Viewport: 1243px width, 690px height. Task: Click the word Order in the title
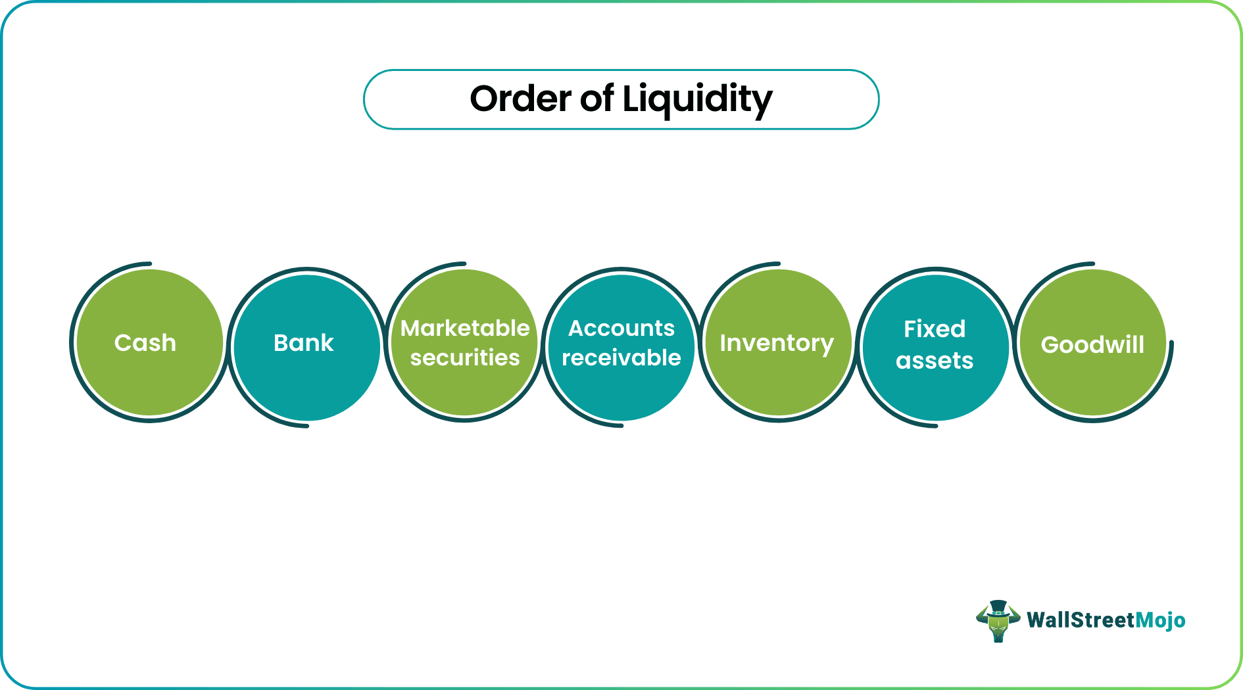click(x=520, y=99)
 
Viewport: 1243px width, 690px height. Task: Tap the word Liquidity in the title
click(x=697, y=101)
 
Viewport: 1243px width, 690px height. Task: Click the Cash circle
click(x=150, y=343)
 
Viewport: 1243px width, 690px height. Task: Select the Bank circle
click(x=306, y=348)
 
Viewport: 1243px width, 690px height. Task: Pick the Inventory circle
click(x=778, y=343)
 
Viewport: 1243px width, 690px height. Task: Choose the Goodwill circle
click(x=1092, y=343)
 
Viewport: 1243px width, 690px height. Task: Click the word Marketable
click(x=465, y=328)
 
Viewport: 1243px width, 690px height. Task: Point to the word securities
click(x=465, y=357)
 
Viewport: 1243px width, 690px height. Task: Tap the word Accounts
click(x=621, y=328)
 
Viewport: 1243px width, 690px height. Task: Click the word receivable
click(x=621, y=357)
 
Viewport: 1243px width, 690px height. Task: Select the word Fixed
click(x=935, y=329)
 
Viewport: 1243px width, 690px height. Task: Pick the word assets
click(x=935, y=360)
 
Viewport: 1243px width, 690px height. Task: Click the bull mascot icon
click(x=998, y=621)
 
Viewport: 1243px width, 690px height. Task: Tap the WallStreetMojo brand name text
click(x=1106, y=620)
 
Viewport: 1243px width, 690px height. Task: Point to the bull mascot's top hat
click(x=998, y=608)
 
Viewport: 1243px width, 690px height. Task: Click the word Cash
click(x=145, y=342)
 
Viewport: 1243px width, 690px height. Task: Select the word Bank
click(x=303, y=342)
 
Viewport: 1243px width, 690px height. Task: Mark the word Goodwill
click(x=1092, y=344)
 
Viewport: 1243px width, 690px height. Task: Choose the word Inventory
click(x=777, y=344)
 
